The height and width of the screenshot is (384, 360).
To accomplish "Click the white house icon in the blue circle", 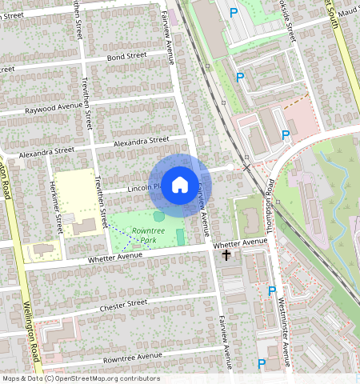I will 180,185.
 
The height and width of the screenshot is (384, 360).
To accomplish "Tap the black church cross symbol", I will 226,256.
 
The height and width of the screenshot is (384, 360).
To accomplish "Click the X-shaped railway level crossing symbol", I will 246,166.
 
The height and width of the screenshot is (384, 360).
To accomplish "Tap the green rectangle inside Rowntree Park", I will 180,237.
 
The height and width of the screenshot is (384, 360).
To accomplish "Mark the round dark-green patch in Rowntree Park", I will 159,216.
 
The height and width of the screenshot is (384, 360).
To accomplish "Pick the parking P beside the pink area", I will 286,134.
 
